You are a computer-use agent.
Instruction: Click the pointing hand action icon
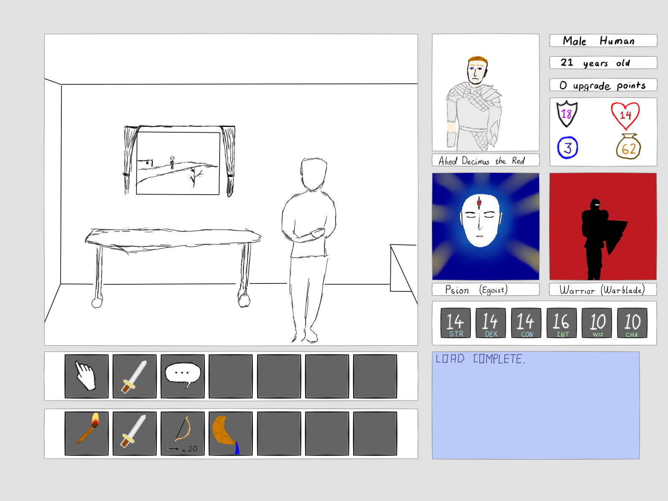(x=86, y=376)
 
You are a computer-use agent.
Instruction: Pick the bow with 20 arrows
(x=182, y=433)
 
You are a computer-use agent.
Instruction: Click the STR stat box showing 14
(x=455, y=323)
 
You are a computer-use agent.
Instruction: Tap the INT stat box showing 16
(x=562, y=323)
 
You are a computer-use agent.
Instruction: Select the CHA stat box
(x=632, y=323)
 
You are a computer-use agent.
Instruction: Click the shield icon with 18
(x=567, y=114)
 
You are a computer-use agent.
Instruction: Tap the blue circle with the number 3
(x=567, y=148)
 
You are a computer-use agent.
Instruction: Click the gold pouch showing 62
(x=628, y=147)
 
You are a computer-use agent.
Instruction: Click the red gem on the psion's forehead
(x=479, y=202)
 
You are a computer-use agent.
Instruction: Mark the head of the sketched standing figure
(x=314, y=174)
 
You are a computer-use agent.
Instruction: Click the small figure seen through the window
(x=172, y=162)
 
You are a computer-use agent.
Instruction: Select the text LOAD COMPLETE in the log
(x=480, y=359)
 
